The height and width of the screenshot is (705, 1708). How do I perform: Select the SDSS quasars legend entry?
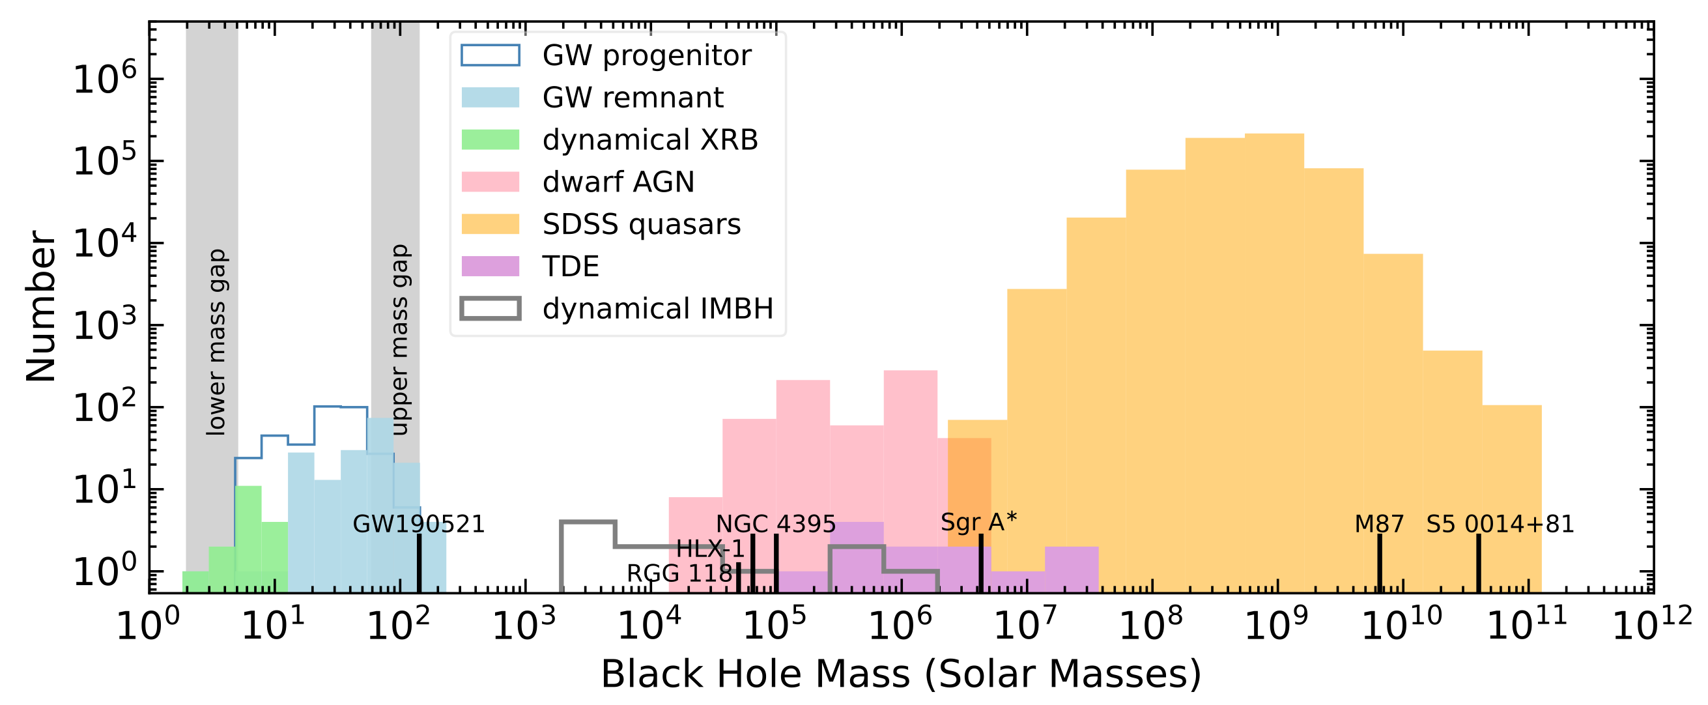click(x=601, y=224)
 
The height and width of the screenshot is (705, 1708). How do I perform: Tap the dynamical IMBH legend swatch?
click(x=491, y=308)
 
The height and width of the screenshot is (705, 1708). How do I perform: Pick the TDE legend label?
click(x=571, y=266)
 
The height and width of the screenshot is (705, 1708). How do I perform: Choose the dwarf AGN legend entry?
click(x=578, y=182)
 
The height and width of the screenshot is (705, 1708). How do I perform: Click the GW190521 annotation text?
click(x=419, y=525)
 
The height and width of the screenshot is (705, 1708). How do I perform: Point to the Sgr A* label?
click(x=978, y=523)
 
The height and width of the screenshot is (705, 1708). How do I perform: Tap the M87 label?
click(x=1379, y=525)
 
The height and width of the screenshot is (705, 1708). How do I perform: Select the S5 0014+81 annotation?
click(x=1500, y=525)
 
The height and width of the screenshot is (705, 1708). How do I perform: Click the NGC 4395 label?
click(x=776, y=525)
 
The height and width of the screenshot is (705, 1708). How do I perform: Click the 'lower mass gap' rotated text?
click(x=217, y=342)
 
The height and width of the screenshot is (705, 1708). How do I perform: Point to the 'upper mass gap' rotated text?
click(x=400, y=339)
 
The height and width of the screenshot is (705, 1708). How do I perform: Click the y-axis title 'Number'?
click(x=41, y=306)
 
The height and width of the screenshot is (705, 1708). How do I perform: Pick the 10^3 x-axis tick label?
click(x=525, y=624)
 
